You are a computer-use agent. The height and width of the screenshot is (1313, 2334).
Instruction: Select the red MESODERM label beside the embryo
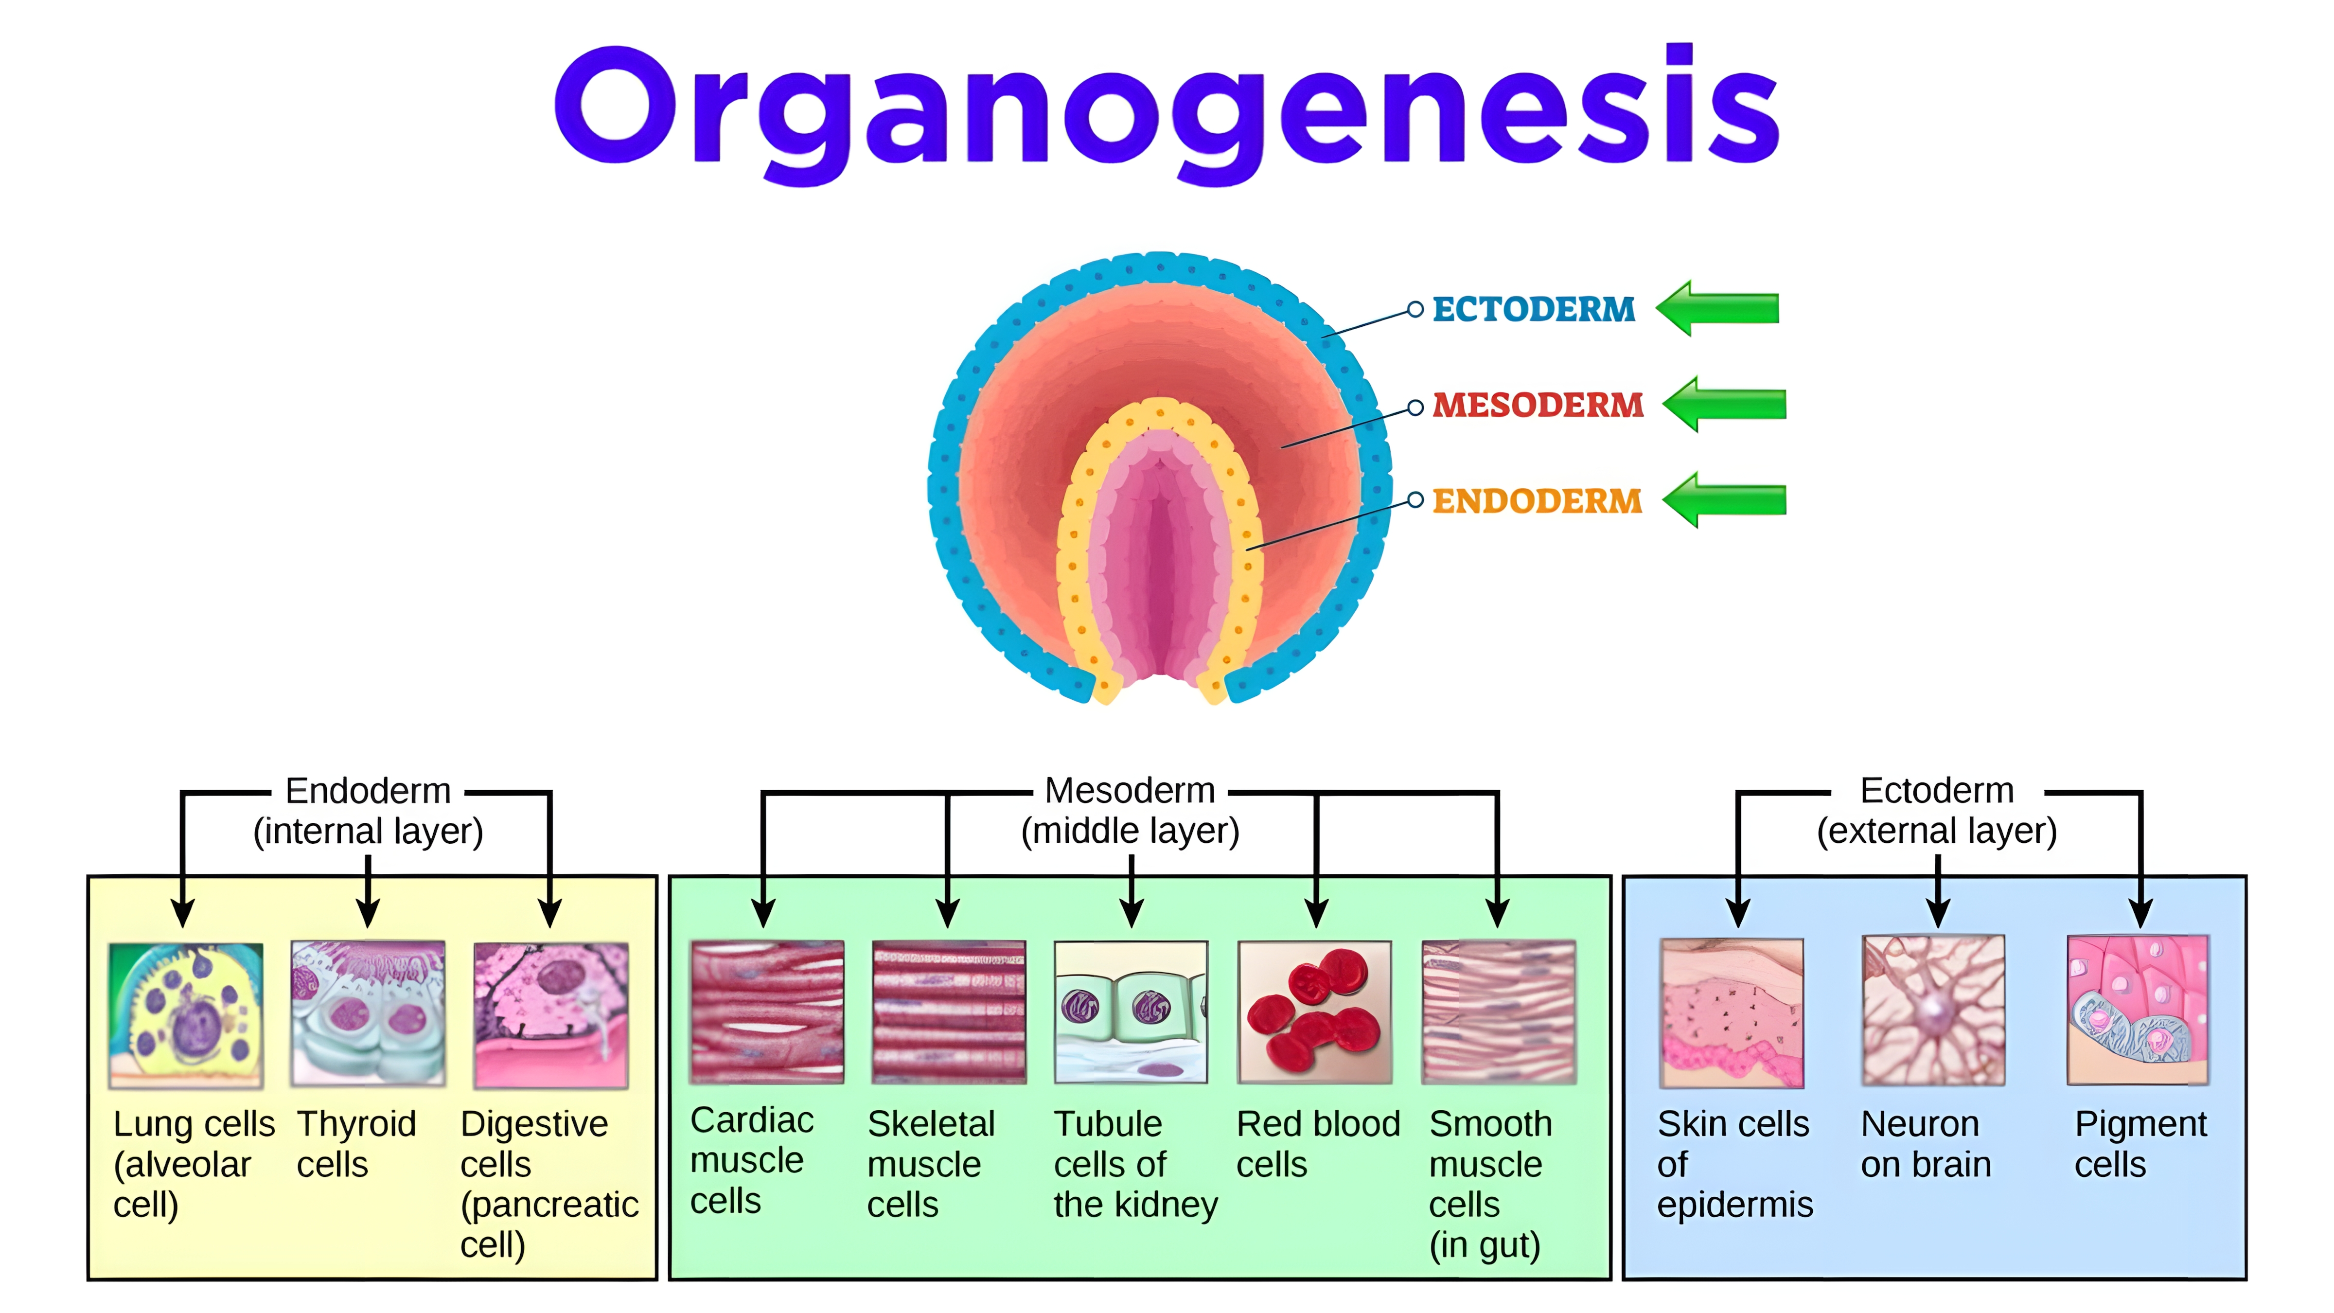1538,405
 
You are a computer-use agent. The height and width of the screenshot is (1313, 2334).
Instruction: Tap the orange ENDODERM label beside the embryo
1537,501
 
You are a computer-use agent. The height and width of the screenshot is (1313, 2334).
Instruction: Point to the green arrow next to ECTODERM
1718,308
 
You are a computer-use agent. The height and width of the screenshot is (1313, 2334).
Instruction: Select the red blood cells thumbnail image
1315,1012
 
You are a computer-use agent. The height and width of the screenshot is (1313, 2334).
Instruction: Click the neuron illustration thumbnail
1933,1011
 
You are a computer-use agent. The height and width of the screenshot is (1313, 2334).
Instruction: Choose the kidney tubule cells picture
1131,1012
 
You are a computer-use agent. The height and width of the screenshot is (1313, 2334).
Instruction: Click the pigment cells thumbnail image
2138,1011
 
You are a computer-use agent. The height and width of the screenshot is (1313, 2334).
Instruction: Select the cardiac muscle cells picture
766,1012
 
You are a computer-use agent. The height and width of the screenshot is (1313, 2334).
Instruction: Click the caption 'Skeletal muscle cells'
931,1164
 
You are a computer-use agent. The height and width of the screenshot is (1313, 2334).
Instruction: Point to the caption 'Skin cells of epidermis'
1734,1164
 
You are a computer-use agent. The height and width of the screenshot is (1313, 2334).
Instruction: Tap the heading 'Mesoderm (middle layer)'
1130,810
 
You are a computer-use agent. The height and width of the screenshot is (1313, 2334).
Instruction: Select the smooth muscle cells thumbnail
1499,1012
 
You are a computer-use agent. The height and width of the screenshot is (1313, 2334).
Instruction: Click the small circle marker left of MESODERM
1415,407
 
